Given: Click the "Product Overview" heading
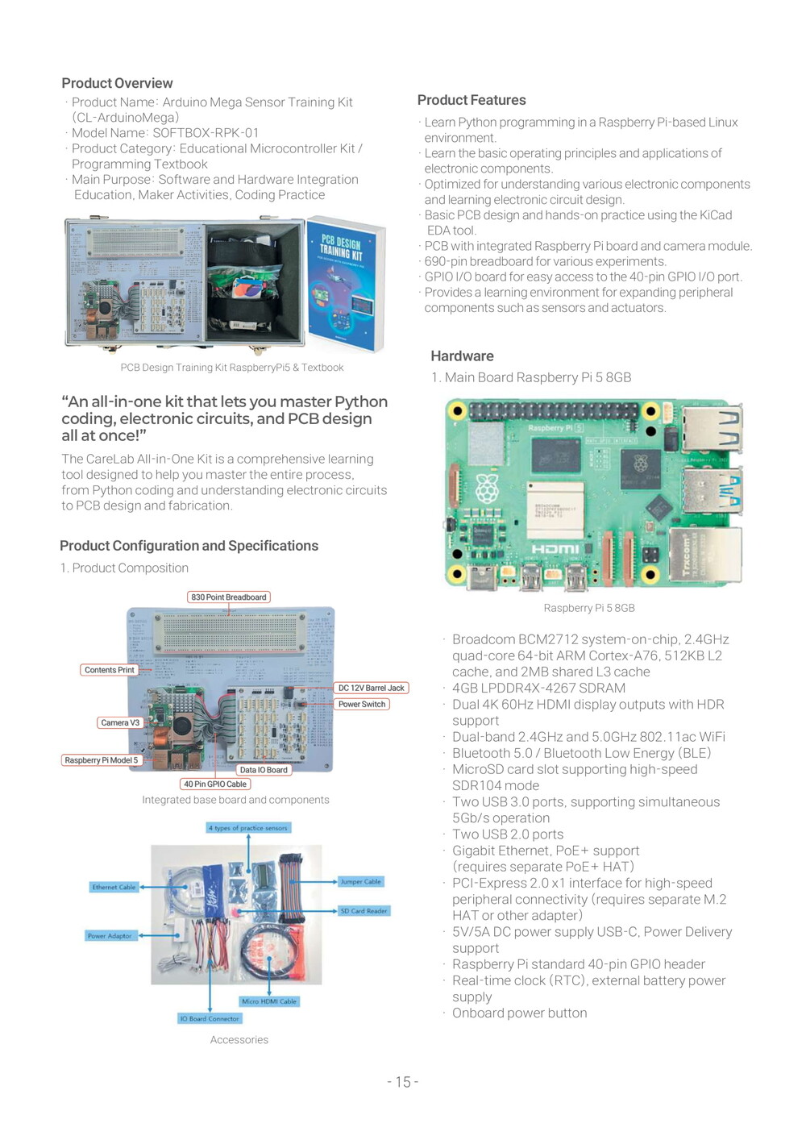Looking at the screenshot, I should [x=117, y=83].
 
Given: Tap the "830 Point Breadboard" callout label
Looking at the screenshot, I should [x=229, y=597].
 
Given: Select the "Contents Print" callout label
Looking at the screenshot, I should [x=110, y=670].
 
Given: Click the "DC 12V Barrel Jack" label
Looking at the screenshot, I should [x=372, y=688].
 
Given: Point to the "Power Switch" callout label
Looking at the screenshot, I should [x=362, y=704].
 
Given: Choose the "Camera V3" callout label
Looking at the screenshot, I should [x=120, y=722].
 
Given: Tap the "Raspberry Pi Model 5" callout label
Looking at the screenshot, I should [x=102, y=760].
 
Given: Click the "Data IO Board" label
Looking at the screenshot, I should [x=264, y=770].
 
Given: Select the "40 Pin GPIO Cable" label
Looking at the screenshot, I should [x=215, y=784].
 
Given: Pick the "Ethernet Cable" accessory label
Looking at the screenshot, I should [x=114, y=887].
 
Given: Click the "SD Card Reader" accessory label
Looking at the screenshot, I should [x=364, y=911].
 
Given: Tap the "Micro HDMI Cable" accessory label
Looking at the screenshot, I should [x=269, y=1001].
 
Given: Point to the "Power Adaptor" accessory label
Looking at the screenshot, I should [x=110, y=936].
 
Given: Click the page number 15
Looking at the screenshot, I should [x=403, y=1082].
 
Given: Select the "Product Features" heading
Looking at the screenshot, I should [x=472, y=100].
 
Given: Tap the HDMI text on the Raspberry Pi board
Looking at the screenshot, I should [x=555, y=549].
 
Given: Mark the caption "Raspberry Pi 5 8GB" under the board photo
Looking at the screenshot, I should [x=589, y=608].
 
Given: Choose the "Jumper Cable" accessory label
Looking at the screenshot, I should [x=360, y=881].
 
